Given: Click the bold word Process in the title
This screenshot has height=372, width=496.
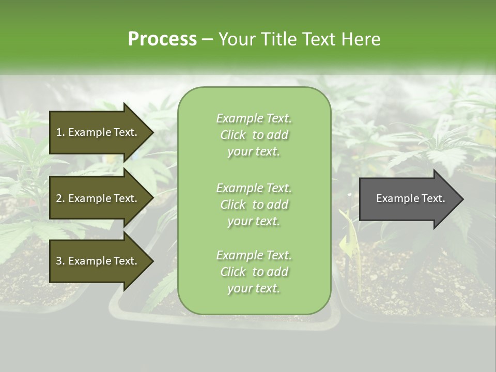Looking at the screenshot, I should pyautogui.click(x=162, y=39).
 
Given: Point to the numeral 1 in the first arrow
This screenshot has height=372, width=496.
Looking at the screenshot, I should pyautogui.click(x=59, y=132).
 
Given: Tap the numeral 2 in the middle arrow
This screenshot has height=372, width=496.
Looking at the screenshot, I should pyautogui.click(x=59, y=198).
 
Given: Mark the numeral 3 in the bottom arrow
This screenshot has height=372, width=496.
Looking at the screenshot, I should pyautogui.click(x=59, y=261).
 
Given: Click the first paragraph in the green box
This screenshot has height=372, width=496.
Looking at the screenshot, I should pyautogui.click(x=254, y=135).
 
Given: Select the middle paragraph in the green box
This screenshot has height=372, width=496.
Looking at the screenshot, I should pyautogui.click(x=254, y=205).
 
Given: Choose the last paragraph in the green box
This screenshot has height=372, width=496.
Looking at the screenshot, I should pyautogui.click(x=254, y=272).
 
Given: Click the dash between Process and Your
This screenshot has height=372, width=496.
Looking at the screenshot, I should pyautogui.click(x=207, y=39).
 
